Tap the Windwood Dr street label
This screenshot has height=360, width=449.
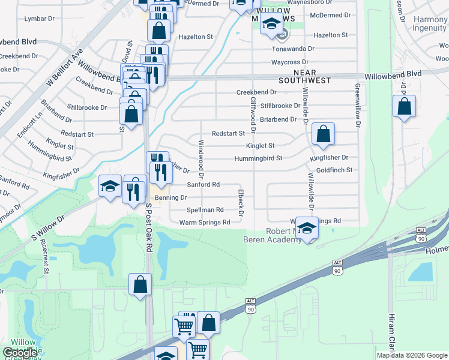[201, 160]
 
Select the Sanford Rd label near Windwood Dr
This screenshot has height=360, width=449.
[203, 185]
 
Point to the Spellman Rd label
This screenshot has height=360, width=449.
[205, 210]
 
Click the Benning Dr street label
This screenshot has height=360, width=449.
[171, 197]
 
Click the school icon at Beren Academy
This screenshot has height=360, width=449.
[307, 229]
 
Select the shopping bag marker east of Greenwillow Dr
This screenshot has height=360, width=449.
[405, 107]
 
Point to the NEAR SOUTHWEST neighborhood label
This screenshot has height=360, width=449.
[305, 76]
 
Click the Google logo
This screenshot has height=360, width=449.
[20, 353]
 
